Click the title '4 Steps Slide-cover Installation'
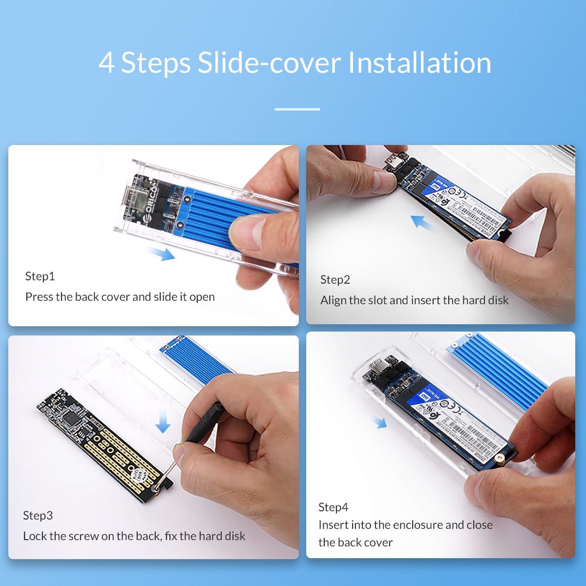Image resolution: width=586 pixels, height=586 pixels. point(294,63)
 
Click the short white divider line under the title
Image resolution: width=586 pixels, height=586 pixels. point(297,109)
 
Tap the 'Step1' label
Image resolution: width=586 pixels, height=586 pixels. point(40,276)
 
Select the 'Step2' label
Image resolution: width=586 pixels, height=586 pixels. point(335,280)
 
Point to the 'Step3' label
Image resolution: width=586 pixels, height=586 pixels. point(38,516)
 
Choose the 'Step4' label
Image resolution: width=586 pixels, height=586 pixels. point(333,507)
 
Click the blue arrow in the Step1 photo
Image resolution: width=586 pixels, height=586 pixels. point(161,253)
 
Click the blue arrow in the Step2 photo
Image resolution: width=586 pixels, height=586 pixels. point(423,223)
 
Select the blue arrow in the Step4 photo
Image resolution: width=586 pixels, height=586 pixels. point(379,422)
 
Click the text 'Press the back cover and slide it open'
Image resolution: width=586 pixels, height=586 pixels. point(120,297)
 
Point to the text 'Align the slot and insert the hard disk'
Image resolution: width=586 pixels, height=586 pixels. point(414,300)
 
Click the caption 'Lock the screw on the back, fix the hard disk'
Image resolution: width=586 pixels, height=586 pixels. point(134,536)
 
